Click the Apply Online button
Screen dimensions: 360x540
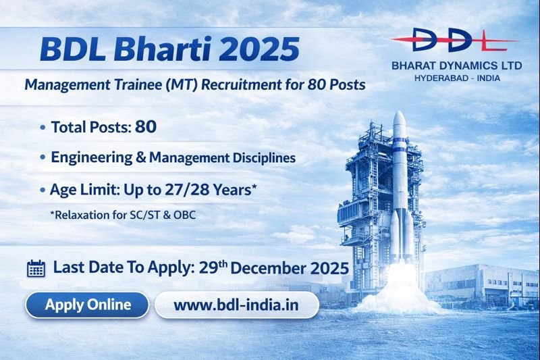88,305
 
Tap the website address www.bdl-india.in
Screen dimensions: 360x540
236,305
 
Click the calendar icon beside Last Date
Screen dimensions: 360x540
36,268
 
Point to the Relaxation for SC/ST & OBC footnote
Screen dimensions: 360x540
117,215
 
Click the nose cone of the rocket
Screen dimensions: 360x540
398,122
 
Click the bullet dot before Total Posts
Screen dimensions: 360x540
43,126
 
